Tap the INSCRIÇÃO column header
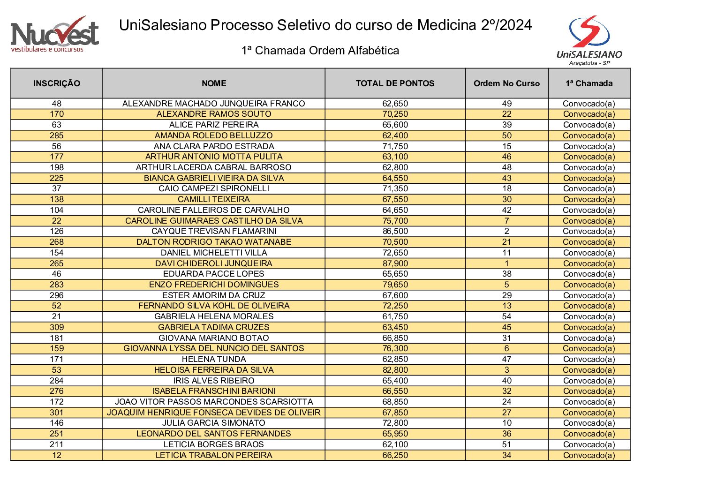57,83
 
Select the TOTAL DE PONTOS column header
395,83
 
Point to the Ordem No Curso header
507,83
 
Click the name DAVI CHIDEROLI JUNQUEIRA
214,263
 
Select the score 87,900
395,263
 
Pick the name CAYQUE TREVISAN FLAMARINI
214,231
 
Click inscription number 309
57,327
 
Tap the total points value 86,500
395,231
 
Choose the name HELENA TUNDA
214,360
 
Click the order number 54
507,316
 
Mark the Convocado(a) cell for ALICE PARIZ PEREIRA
589,125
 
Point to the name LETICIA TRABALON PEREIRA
214,455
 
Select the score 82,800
395,370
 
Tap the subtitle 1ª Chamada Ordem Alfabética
320,51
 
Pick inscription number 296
57,295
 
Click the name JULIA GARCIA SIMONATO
214,423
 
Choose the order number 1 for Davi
507,263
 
